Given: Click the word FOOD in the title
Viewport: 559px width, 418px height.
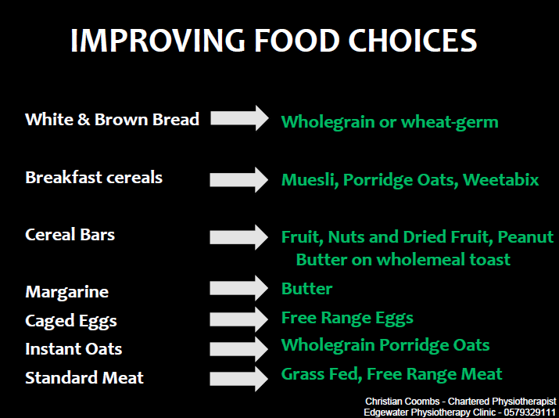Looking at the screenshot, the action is [x=296, y=40].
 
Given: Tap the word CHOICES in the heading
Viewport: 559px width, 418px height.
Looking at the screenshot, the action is [x=413, y=40].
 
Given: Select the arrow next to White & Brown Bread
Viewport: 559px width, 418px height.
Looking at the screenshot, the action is [x=239, y=117].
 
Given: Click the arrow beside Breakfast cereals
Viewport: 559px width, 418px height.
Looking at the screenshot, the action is [x=239, y=179].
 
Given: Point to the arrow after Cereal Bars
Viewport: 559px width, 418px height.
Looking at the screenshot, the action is [x=239, y=237].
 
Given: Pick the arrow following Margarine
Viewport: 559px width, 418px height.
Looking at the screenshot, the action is [x=239, y=288].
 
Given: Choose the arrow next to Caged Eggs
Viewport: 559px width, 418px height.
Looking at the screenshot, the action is [x=239, y=319].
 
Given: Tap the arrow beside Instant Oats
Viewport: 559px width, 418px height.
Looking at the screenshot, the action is [x=239, y=349].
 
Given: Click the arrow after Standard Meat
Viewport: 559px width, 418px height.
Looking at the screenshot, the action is [x=239, y=378].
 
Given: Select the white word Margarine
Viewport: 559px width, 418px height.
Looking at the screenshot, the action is [x=67, y=293].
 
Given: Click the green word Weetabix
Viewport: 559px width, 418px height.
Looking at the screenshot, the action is [x=501, y=179].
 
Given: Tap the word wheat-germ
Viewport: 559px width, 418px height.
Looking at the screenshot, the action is [x=450, y=123].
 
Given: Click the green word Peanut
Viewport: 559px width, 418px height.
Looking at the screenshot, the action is [x=525, y=237].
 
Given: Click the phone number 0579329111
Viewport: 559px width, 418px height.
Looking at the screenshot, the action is [x=530, y=413].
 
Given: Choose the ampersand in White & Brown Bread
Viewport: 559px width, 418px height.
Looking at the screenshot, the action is [x=84, y=120].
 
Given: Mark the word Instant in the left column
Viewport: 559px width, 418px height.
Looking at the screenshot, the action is [x=52, y=349].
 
